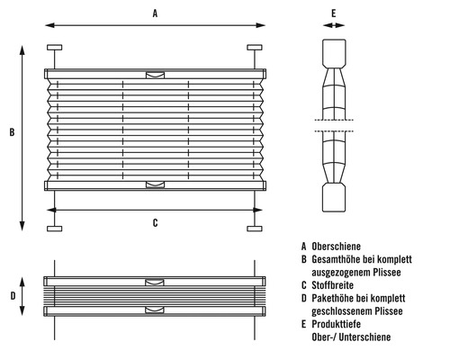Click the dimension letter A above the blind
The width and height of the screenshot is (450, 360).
click(155, 13)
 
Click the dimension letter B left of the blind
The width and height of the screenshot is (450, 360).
click(11, 133)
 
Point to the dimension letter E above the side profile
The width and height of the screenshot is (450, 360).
click(333, 13)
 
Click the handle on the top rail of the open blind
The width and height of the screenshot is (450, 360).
click(155, 75)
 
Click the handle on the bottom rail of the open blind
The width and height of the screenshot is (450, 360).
click(155, 185)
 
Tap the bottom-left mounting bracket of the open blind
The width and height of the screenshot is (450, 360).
click(54, 228)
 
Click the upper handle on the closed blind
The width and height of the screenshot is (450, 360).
click(155, 283)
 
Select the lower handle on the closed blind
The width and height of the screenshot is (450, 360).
click(155, 310)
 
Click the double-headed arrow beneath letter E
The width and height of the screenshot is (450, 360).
click(333, 27)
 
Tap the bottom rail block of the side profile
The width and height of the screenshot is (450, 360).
click(333, 199)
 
